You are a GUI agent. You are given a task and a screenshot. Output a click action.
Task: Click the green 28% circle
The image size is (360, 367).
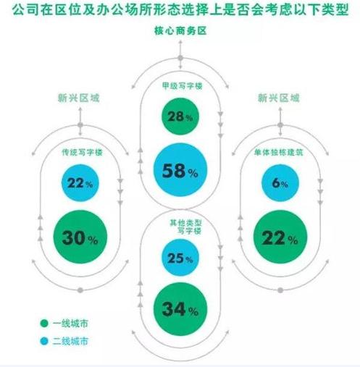[x=180, y=117]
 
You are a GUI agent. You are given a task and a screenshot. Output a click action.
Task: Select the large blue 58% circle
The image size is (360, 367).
[x=180, y=170]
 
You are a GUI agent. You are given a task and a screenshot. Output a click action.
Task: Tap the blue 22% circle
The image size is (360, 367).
[x=80, y=183]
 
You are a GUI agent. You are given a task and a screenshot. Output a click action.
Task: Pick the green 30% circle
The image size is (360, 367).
[x=80, y=237]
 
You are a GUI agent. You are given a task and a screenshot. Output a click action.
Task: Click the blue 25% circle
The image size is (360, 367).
[x=180, y=258]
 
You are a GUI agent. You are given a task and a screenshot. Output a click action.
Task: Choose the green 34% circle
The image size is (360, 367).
[x=180, y=309]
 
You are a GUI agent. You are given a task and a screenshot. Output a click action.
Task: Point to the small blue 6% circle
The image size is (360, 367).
[x=280, y=183]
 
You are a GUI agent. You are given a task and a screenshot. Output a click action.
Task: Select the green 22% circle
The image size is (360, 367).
[x=280, y=237]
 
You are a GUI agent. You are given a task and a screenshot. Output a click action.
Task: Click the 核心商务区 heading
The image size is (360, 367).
[x=180, y=31]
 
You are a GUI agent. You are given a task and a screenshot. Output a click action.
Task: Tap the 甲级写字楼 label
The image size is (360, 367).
[x=183, y=86]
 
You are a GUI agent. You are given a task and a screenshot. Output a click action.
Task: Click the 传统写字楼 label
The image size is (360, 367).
[x=82, y=152]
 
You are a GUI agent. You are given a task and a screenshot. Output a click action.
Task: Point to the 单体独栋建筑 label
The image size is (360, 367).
[x=279, y=152]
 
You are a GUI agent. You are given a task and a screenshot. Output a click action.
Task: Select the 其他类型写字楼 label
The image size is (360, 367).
[x=185, y=227]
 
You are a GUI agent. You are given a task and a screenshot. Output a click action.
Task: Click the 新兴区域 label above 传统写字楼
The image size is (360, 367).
[x=79, y=98]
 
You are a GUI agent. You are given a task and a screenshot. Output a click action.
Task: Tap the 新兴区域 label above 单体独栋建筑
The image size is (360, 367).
[x=279, y=98]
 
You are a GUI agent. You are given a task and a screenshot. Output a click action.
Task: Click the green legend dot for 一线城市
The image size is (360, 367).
[x=44, y=324]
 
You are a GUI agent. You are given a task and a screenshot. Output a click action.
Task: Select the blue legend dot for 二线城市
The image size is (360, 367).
[x=44, y=341]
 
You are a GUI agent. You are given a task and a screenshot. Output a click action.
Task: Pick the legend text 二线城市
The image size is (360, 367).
[x=70, y=341]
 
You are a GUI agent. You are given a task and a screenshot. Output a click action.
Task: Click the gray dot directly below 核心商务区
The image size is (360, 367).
[x=180, y=58]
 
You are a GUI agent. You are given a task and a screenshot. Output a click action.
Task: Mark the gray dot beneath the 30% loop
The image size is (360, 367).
[x=80, y=290]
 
